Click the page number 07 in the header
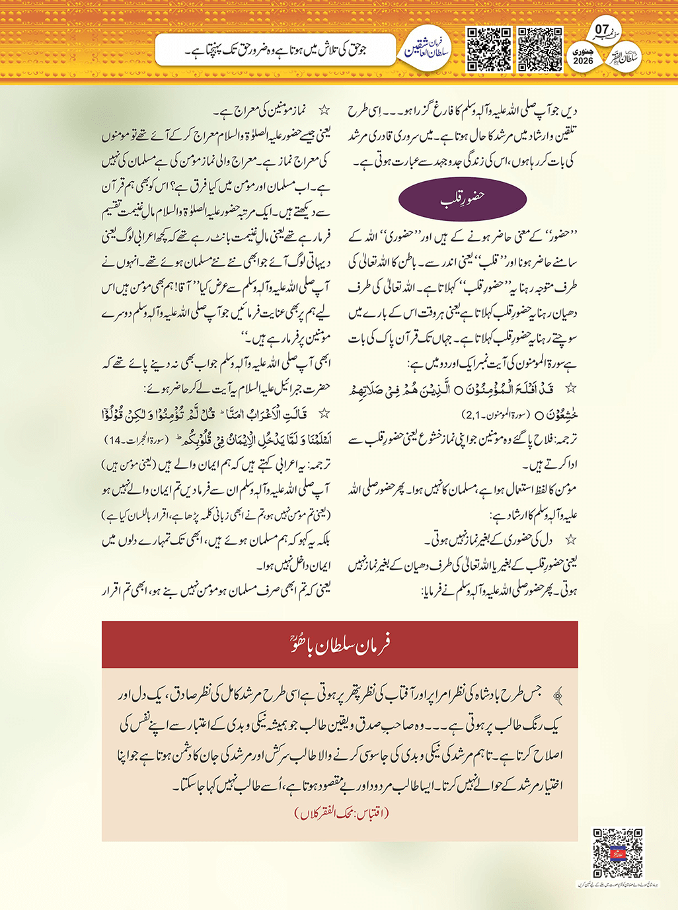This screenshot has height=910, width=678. coord(601,29)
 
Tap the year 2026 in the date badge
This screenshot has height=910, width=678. coord(583,62)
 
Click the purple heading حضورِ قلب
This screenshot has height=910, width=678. coord(463,198)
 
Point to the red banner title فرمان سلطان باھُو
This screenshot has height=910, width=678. coord(340,644)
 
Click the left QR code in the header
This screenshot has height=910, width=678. coord(489,49)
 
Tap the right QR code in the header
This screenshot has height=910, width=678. coord(540,49)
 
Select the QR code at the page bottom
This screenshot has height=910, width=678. coord(617,853)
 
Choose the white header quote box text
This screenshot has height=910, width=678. coord(276,50)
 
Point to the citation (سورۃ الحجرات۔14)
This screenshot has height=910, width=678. coord(138,440)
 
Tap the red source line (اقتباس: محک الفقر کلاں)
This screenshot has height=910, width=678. coord(342,813)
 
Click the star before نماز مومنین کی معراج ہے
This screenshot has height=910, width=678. coord(324,110)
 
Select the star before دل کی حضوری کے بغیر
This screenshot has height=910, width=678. coord(570,540)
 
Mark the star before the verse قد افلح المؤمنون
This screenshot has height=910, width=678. coord(570,389)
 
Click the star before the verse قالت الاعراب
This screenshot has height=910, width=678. coord(324,414)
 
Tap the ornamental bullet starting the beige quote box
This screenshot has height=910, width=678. coord(558,694)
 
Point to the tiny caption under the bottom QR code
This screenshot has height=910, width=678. coord(617,884)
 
